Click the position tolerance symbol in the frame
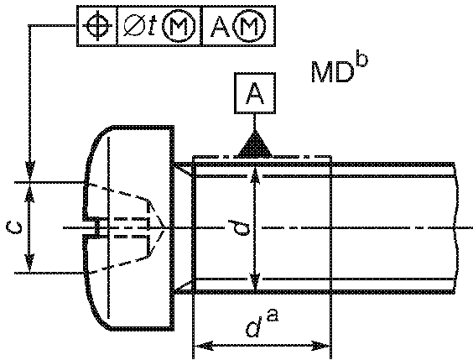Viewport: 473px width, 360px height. coord(97,26)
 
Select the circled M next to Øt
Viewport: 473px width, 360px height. coord(179,26)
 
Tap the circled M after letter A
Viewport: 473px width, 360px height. coord(251,26)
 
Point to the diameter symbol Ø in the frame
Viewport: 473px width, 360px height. coord(133,26)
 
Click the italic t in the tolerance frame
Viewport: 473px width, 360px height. coord(153,27)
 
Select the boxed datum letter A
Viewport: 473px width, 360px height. coord(255,93)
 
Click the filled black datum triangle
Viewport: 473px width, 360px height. coord(255,144)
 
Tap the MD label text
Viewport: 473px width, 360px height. coord(331,72)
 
